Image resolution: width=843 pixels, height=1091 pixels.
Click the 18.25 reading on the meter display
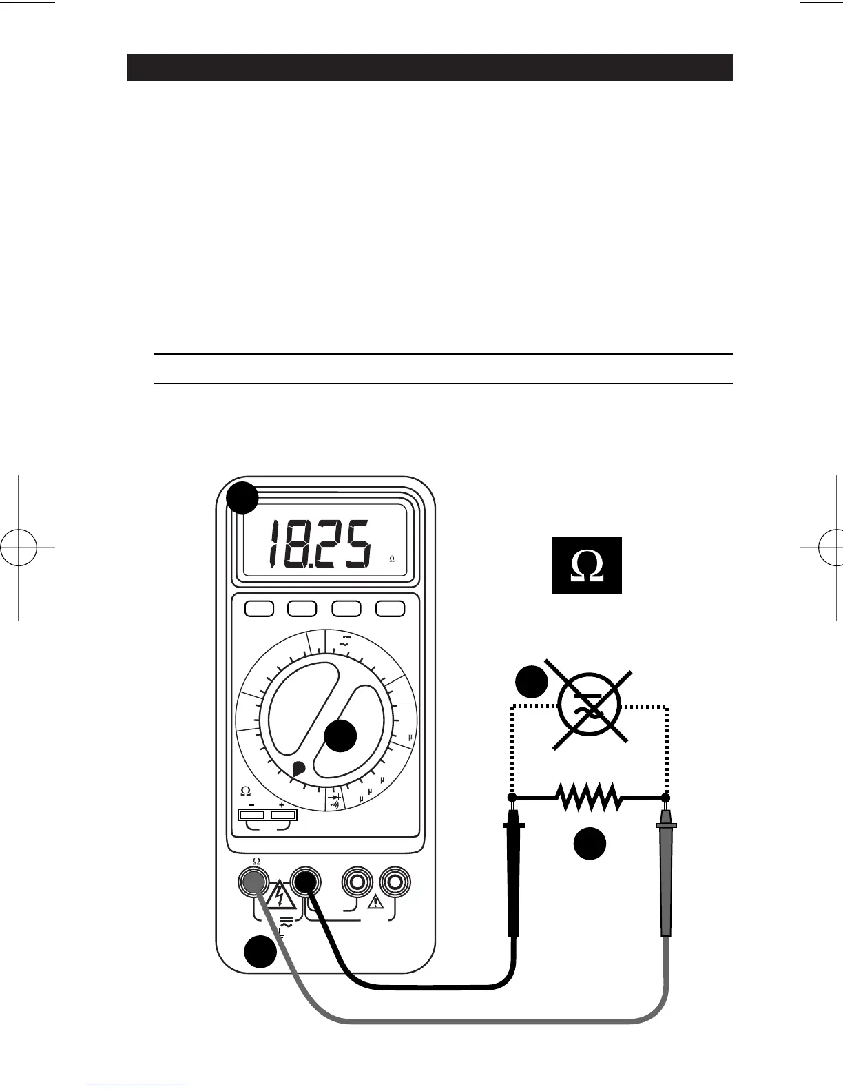click(319, 544)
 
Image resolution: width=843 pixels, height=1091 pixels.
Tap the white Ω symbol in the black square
click(587, 565)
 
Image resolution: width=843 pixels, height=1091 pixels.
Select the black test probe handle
click(513, 875)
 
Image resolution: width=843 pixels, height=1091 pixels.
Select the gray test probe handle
click(665, 875)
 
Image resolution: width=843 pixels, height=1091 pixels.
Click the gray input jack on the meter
click(253, 881)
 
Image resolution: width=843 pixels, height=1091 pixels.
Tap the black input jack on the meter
click(306, 881)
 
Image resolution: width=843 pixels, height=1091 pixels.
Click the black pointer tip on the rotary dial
click(298, 769)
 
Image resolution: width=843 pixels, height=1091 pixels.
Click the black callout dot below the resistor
click(590, 844)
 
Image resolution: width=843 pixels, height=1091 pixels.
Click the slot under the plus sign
click(283, 815)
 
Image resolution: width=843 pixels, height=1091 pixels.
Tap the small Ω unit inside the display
click(392, 559)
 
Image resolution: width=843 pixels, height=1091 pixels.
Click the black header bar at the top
click(430, 67)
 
